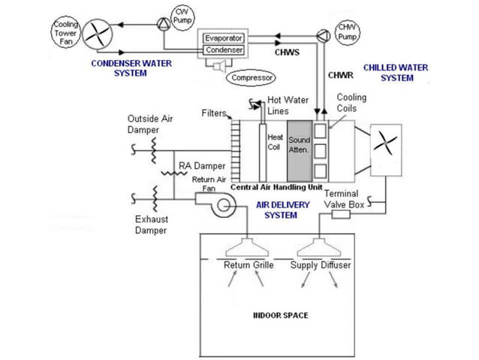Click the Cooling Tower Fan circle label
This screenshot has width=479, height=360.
click(65, 31)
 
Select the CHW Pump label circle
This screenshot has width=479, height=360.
click(347, 32)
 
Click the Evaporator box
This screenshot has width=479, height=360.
click(224, 38)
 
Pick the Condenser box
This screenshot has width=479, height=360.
click(224, 50)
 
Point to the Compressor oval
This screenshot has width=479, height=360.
click(252, 77)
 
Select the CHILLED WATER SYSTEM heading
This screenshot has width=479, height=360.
click(395, 72)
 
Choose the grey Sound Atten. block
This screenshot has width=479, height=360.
click(299, 145)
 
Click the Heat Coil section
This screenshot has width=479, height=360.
click(276, 143)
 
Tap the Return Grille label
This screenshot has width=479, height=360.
click(249, 265)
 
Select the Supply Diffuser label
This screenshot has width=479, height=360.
click(321, 265)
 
